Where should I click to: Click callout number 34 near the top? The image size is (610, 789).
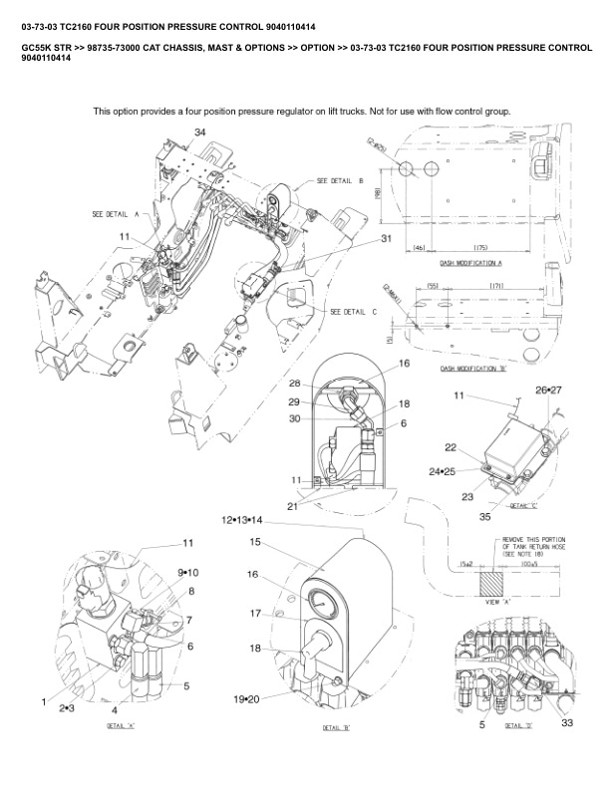click(x=200, y=132)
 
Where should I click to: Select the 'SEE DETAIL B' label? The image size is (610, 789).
click(x=340, y=181)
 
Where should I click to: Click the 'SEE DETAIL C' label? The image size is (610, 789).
click(x=354, y=312)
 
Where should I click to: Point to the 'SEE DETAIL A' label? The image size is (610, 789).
click(x=115, y=214)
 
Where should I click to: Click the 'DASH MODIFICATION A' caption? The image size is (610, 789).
click(x=470, y=264)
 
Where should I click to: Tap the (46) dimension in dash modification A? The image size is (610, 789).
click(x=420, y=247)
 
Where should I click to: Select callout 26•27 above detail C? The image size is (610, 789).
click(x=549, y=390)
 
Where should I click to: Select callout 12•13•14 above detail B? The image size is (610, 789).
click(x=242, y=520)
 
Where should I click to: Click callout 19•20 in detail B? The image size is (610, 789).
click(x=246, y=700)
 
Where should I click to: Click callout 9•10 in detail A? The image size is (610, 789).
click(x=188, y=573)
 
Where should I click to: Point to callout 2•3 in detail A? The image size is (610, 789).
click(x=69, y=708)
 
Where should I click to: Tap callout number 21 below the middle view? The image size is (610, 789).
click(x=293, y=507)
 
